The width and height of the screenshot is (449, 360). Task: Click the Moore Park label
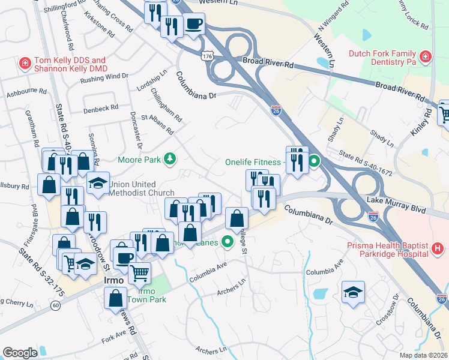click(139, 160)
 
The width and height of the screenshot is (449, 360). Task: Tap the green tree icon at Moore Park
click(171, 158)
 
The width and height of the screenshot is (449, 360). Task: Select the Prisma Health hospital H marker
click(438, 248)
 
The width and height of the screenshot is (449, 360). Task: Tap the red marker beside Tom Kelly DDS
click(25, 62)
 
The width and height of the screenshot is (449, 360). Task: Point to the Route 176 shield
click(207, 55)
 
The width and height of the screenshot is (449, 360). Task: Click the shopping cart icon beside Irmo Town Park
click(140, 272)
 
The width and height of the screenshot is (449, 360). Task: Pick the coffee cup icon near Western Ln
click(194, 24)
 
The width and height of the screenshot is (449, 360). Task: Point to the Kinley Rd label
click(427, 122)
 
